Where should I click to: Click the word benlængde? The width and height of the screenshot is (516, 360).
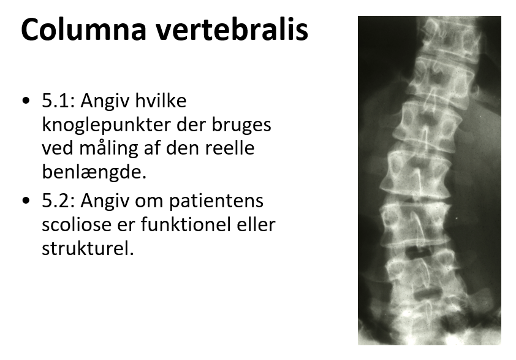coord(94,172)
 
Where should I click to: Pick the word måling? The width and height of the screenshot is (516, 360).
coord(108,149)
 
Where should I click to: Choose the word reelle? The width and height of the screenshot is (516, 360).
coord(230,148)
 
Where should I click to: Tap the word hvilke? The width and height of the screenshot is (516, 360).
coord(161,101)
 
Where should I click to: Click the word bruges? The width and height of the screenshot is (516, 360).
coord(241,125)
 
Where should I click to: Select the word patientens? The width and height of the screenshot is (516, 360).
coord(216,201)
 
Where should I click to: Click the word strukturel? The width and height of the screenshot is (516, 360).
coord(88,248)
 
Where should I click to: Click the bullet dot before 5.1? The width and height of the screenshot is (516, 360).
coord(26,101)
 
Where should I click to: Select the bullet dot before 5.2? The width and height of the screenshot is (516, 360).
coord(26,201)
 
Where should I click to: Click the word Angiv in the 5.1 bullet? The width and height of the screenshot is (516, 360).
coord(105,101)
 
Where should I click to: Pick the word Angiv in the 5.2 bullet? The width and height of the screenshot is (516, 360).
coord(105,201)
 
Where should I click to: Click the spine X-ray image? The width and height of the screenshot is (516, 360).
coord(430,180)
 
